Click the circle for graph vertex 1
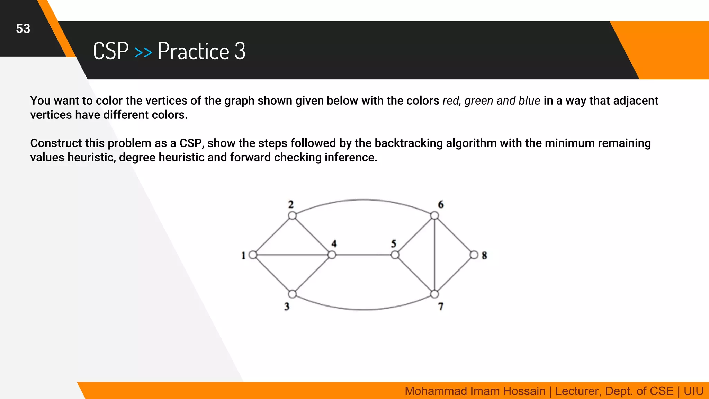click(x=253, y=255)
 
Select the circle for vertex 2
click(x=292, y=216)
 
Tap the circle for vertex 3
click(x=292, y=294)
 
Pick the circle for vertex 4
click(x=332, y=255)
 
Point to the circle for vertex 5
click(x=395, y=255)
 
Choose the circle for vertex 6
click(x=434, y=216)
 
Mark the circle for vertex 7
click(x=434, y=294)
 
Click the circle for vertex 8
click(x=474, y=255)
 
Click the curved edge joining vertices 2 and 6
click(x=364, y=199)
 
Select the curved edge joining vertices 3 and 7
click(x=364, y=309)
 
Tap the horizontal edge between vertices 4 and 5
click(x=363, y=255)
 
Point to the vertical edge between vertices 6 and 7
click(x=434, y=255)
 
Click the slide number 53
click(x=23, y=29)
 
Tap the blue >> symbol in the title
click(x=143, y=52)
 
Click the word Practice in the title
click(x=194, y=51)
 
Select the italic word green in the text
click(x=479, y=101)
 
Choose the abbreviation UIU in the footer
click(x=693, y=391)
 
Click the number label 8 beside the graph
click(x=484, y=256)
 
